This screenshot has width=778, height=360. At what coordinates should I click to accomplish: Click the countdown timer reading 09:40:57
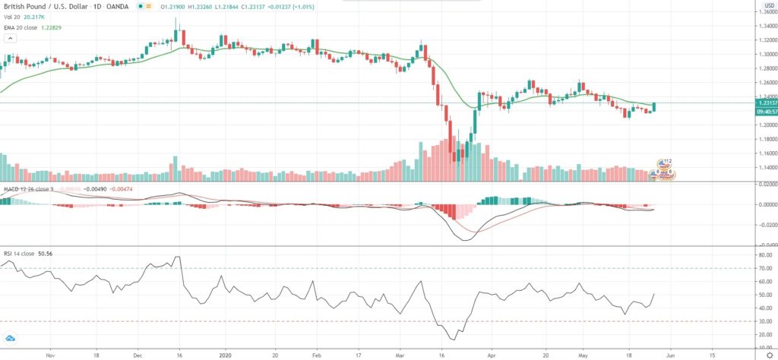click(766, 112)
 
